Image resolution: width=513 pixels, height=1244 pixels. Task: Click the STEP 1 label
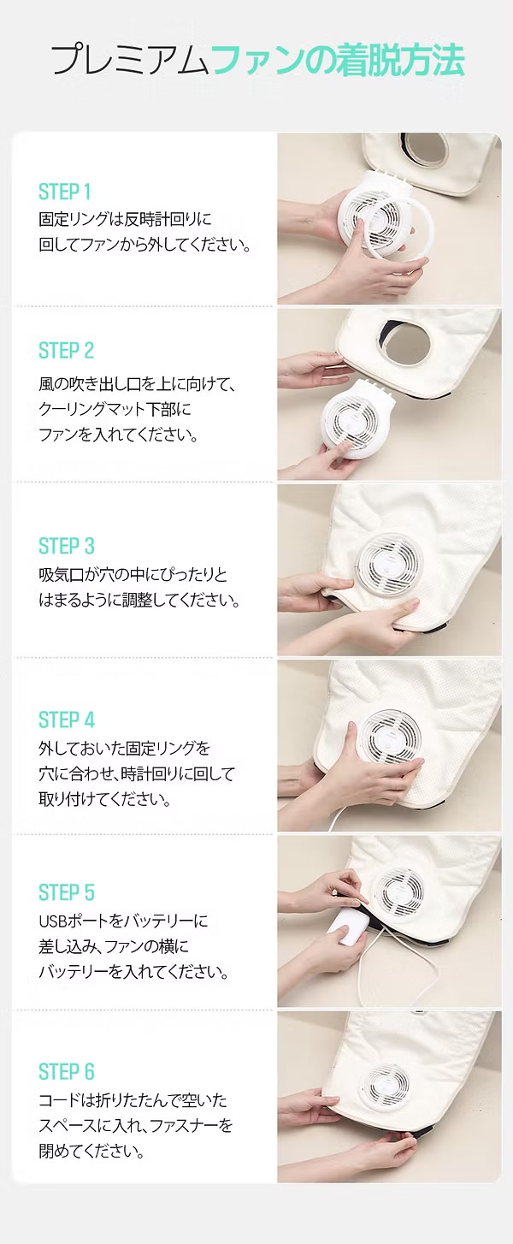point(64,193)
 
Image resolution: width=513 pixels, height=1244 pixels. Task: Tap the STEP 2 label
point(66,351)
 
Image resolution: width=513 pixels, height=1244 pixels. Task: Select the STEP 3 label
point(67,546)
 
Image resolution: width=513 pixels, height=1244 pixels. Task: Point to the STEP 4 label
point(67,720)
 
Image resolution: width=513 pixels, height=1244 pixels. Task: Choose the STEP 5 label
point(67,893)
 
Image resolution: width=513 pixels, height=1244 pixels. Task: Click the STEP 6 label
point(67,1072)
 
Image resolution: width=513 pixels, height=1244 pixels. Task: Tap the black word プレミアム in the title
point(131,61)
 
